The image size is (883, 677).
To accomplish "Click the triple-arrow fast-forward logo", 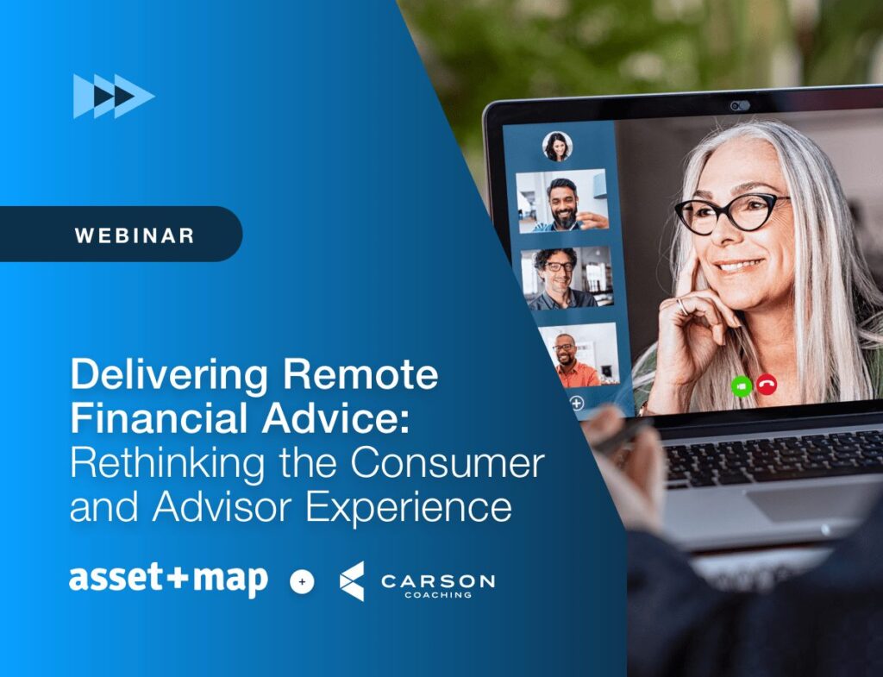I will tap(113, 96).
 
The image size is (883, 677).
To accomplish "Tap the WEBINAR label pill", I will tap(121, 235).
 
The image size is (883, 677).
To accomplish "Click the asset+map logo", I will tap(168, 580).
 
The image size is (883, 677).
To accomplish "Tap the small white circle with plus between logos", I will tap(302, 582).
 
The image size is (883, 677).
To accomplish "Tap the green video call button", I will tap(740, 386).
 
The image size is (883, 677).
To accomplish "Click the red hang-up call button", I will tap(766, 386).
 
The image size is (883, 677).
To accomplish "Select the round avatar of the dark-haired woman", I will tap(557, 146).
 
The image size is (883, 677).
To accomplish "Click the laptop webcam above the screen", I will tap(740, 105).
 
